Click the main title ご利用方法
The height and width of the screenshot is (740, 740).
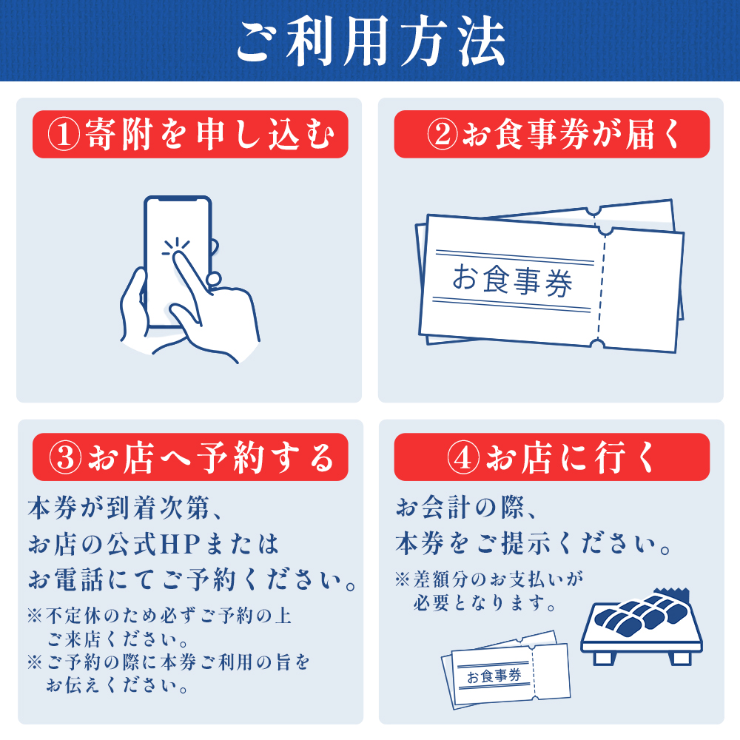pos(370,41)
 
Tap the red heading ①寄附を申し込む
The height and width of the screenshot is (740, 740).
pos(189,135)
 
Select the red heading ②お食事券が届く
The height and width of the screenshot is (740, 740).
pos(551,135)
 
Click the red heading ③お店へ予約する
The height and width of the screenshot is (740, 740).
pos(189,457)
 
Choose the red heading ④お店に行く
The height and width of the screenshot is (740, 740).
pos(551,457)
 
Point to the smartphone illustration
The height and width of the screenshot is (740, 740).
pos(178,259)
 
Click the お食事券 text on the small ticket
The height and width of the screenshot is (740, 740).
pos(494,675)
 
